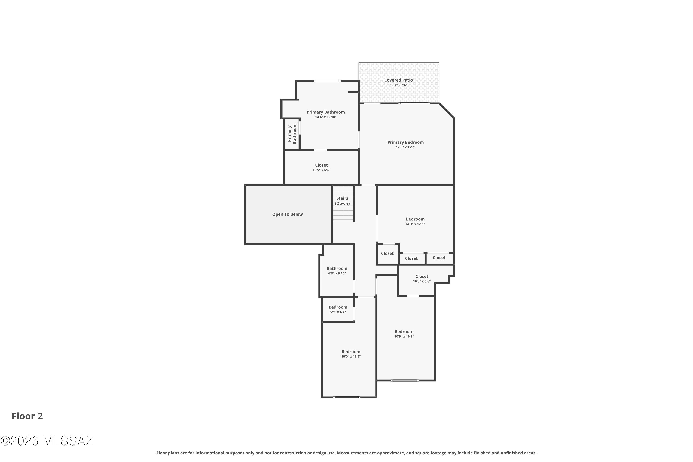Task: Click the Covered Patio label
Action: tap(398, 80)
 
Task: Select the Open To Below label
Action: tap(287, 214)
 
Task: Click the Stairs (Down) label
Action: tap(342, 201)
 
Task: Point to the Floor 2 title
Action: tap(27, 416)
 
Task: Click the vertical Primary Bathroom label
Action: tap(292, 134)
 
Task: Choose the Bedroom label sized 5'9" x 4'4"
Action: tap(338, 307)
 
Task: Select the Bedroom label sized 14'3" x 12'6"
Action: tap(415, 219)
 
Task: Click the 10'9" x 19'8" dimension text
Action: tap(404, 337)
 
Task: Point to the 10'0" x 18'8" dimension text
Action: tap(351, 356)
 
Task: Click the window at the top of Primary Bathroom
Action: tap(327, 81)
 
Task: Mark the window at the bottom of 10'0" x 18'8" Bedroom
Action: tap(347, 398)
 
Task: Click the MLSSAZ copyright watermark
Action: tap(47, 441)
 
